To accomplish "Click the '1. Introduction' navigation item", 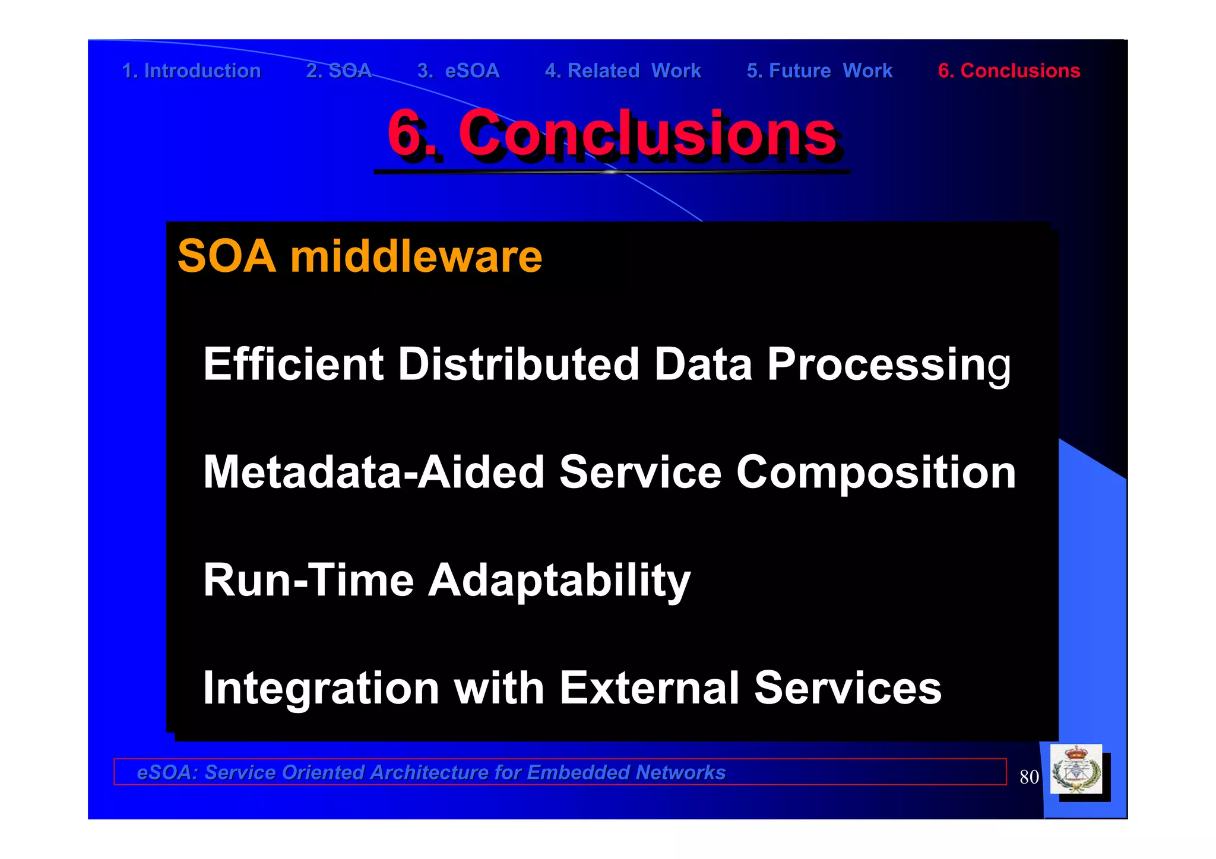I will pos(191,71).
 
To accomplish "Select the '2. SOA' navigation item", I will pos(338,71).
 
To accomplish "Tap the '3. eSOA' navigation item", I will pos(458,71).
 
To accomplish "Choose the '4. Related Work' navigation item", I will pos(623,71).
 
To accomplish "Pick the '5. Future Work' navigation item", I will pos(819,71).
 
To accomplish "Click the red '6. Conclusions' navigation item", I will pos(1009,71).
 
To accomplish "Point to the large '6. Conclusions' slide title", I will pos(612,133).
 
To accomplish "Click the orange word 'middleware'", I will pos(416,256).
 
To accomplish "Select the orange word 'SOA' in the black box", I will pos(227,256).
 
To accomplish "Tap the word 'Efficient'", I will pos(293,364).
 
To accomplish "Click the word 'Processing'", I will pos(888,364).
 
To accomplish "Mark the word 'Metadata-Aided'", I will pos(373,472).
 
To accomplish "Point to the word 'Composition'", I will pos(876,472).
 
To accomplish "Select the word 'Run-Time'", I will pos(308,580).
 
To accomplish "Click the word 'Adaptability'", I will pos(559,580).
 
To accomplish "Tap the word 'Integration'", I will pos(321,688).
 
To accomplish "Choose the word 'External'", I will pos(649,688).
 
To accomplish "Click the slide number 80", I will pos(1029,777).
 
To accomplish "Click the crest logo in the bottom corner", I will pos(1076,770).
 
